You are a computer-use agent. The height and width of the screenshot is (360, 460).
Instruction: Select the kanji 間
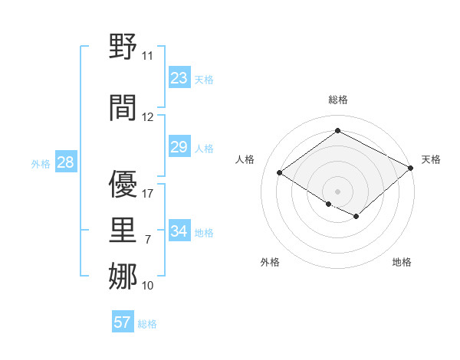[123, 107]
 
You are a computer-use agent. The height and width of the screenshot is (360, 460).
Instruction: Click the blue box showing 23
[179, 78]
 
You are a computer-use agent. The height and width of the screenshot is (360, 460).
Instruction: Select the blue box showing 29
[179, 147]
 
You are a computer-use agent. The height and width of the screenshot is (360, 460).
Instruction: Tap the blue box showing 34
[179, 231]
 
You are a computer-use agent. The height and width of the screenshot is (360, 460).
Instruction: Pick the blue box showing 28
[65, 162]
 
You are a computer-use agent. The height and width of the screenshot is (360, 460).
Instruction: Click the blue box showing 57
[123, 322]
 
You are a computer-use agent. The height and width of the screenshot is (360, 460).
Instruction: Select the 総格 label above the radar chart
[337, 100]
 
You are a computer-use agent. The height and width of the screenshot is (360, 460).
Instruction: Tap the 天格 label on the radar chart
[431, 159]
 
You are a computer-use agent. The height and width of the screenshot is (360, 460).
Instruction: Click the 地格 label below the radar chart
[402, 262]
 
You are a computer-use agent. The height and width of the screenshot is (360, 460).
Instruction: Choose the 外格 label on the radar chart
[270, 262]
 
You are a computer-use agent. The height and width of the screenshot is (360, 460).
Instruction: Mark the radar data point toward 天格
[412, 167]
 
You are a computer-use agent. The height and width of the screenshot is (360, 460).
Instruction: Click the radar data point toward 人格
[279, 172]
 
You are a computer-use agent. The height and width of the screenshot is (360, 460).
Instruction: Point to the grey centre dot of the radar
[337, 190]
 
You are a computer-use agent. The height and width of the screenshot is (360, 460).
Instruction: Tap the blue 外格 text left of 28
[40, 163]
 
